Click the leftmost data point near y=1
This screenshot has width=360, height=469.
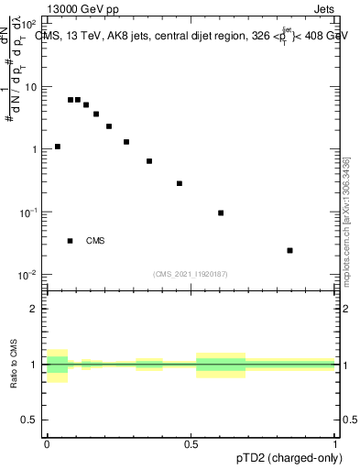57,147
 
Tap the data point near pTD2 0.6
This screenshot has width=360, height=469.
221,213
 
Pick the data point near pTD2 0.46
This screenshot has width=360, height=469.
180,183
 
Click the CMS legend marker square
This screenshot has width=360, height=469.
70,241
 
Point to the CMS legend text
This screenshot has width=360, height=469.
95,241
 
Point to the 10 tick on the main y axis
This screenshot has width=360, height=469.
29,86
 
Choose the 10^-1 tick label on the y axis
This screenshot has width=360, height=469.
27,212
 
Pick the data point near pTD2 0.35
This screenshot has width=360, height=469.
149,161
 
